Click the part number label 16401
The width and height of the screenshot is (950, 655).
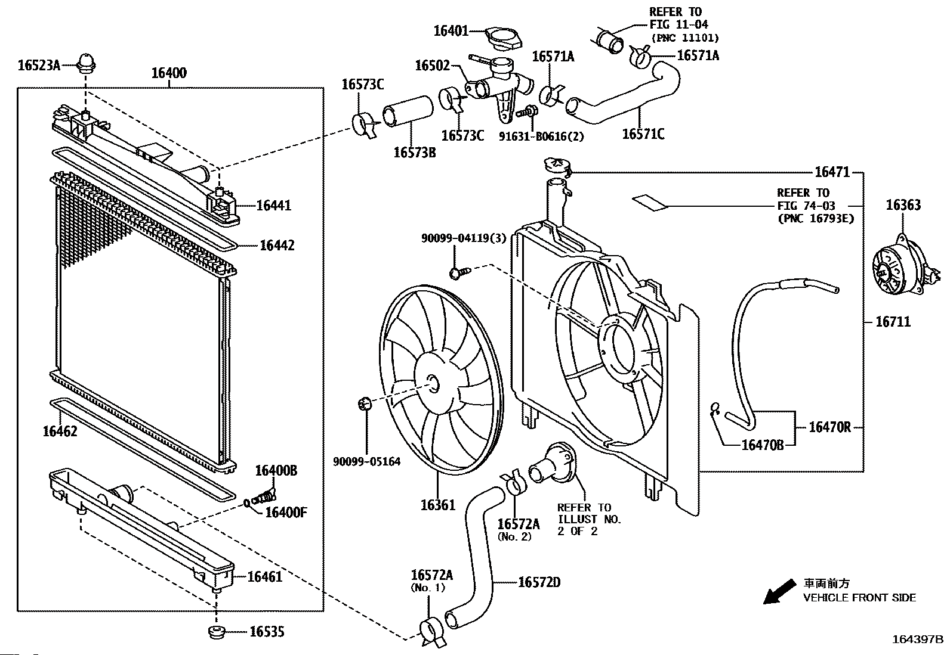pyautogui.click(x=451, y=31)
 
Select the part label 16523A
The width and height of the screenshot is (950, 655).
pyautogui.click(x=39, y=65)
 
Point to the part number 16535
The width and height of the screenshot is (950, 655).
pyautogui.click(x=267, y=632)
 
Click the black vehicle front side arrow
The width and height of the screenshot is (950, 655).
pyautogui.click(x=779, y=591)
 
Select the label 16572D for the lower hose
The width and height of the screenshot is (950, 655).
pyautogui.click(x=539, y=582)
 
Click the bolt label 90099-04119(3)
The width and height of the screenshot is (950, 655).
pyautogui.click(x=464, y=238)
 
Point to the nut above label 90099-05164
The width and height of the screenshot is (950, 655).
pyautogui.click(x=364, y=403)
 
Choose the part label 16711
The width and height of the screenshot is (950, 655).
pyautogui.click(x=893, y=322)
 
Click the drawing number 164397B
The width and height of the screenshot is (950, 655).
pyautogui.click(x=918, y=640)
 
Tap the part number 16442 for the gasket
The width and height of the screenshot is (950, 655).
pyautogui.click(x=277, y=246)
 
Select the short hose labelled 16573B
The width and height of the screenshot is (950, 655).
pyautogui.click(x=408, y=111)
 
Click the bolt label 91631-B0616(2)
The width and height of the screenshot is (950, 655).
pyautogui.click(x=541, y=136)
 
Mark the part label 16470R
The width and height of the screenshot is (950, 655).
pyautogui.click(x=829, y=427)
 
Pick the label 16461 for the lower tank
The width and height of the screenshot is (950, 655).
pyautogui.click(x=264, y=576)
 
